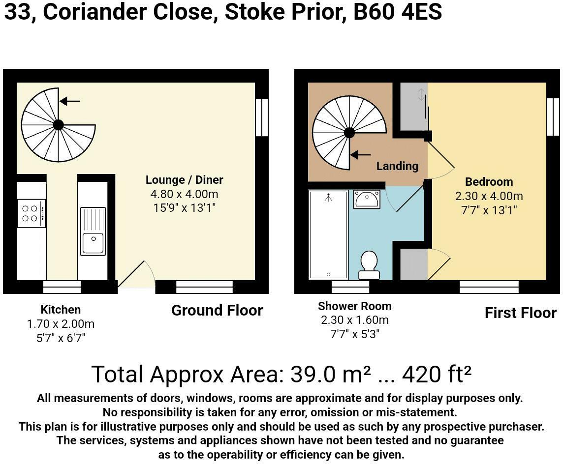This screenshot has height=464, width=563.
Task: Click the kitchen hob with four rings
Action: [31, 213]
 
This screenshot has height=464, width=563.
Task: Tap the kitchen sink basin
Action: [93, 243]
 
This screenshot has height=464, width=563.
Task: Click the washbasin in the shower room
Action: [367, 199]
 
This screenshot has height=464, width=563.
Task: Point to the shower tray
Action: [329, 234]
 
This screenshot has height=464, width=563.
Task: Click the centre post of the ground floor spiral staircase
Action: [59, 125]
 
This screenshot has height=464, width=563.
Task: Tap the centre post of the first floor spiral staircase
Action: [349, 133]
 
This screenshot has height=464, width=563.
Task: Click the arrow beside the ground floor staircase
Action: [70, 101]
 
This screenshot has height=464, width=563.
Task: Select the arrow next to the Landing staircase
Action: [361, 155]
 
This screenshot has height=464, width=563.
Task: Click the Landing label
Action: [398, 166]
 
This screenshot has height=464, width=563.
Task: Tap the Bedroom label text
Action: [489, 182]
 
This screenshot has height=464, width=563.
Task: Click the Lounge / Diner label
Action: [184, 179]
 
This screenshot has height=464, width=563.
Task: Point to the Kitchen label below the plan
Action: [61, 310]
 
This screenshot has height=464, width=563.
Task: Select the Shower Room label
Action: [355, 306]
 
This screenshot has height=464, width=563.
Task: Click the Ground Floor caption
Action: [217, 311]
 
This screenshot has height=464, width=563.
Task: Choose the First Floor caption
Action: [521, 313]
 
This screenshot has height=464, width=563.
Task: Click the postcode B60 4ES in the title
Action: [398, 12]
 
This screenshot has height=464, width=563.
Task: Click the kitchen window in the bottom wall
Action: [62, 287]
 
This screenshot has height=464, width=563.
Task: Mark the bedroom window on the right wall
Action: [553, 117]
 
